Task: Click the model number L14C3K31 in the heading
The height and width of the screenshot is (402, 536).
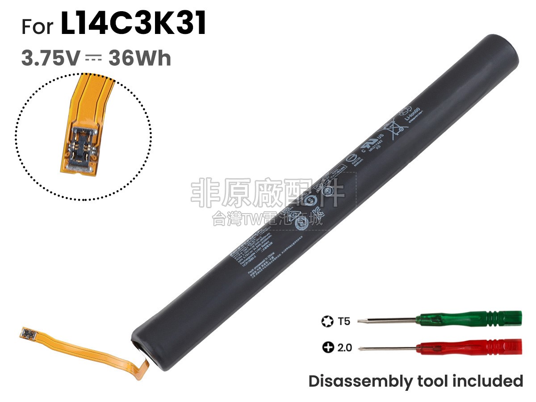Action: (134, 25)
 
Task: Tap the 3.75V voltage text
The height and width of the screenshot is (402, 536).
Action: (50, 59)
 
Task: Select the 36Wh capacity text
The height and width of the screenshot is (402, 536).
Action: (140, 59)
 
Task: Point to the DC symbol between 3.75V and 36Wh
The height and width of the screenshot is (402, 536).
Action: (94, 59)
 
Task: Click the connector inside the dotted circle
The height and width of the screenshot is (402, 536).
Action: (82, 145)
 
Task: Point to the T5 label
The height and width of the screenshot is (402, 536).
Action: (344, 320)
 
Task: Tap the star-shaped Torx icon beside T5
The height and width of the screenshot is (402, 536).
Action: (327, 320)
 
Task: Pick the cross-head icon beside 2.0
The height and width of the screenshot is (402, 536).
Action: (327, 347)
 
